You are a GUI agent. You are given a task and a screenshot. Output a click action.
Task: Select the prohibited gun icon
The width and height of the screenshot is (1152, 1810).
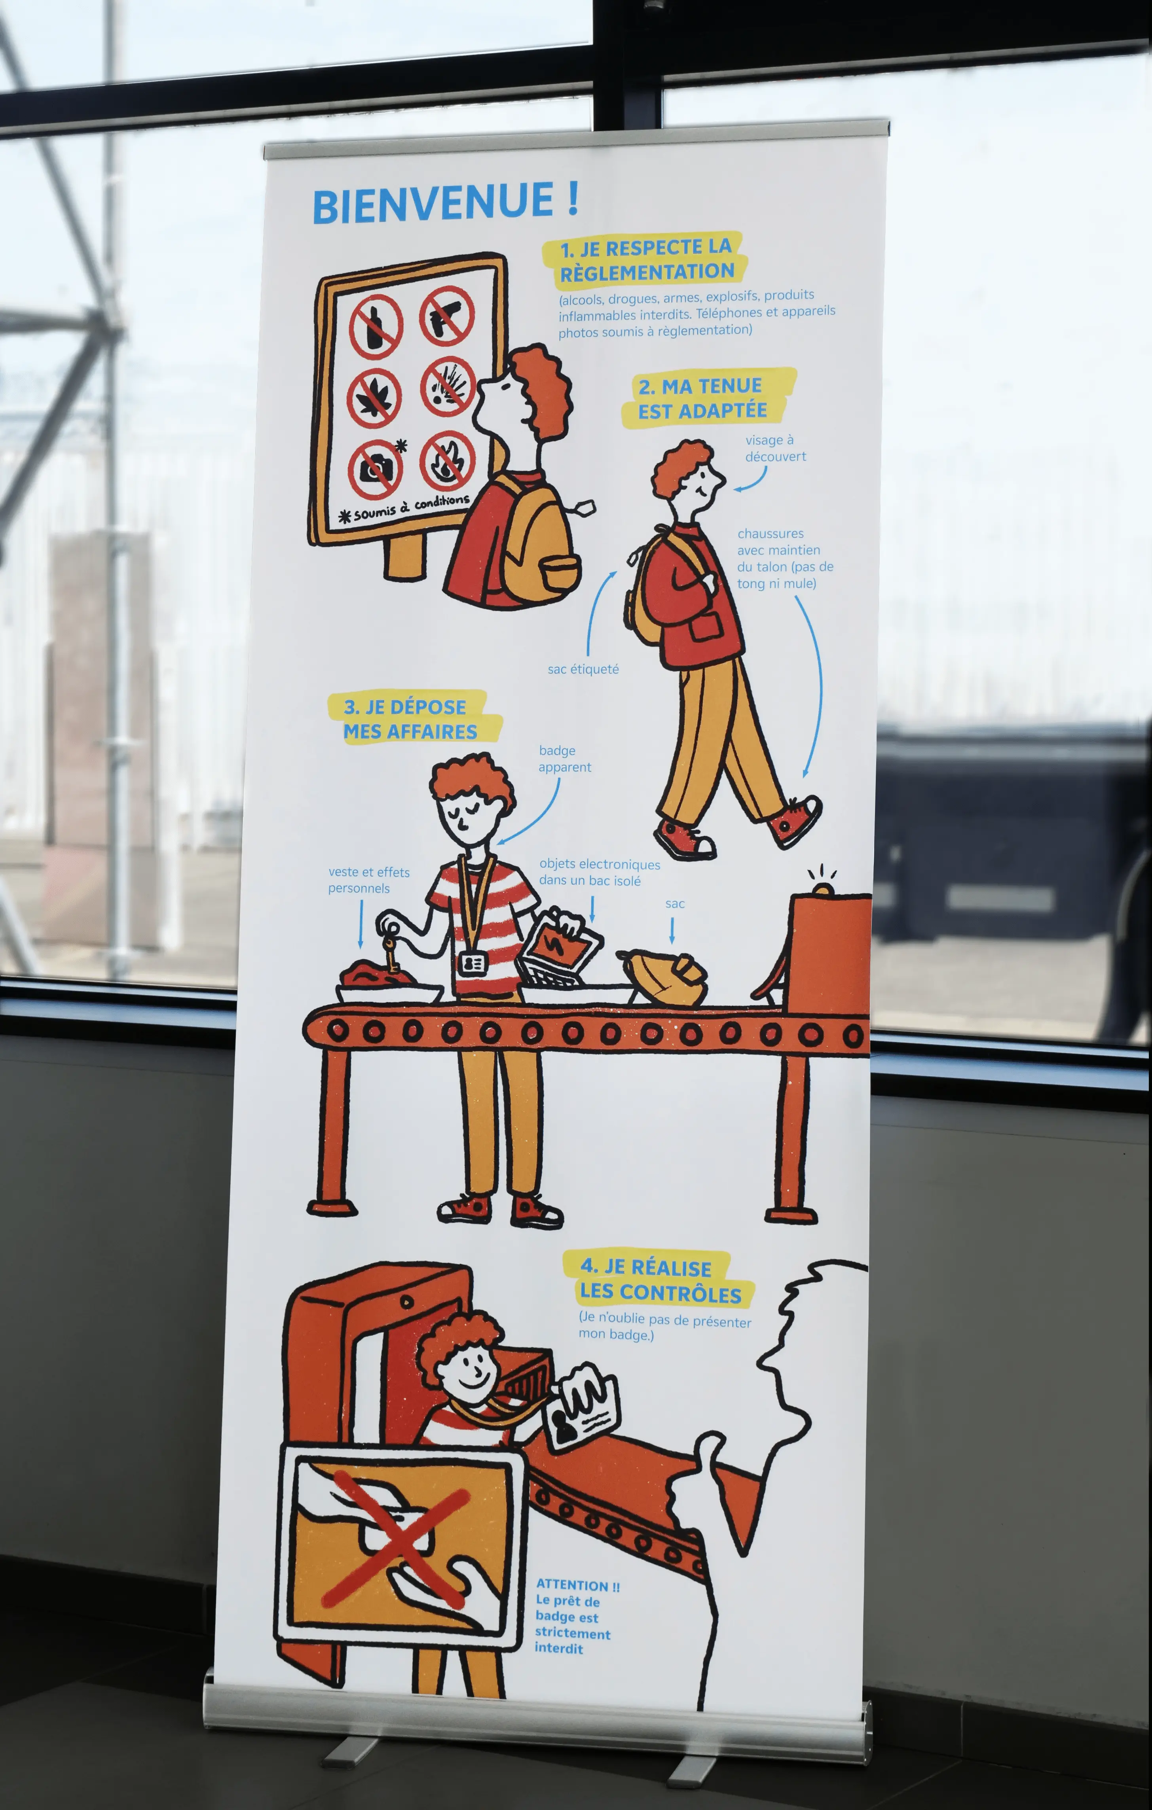(447, 316)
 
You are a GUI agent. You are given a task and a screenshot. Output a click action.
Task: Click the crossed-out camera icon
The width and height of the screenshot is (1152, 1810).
(375, 469)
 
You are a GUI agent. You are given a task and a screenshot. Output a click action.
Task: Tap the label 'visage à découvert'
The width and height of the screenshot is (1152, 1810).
(775, 448)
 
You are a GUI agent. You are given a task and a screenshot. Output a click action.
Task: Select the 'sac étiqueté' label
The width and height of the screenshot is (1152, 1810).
(583, 669)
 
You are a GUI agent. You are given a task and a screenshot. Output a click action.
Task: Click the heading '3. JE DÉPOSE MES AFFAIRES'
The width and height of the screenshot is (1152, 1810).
(413, 719)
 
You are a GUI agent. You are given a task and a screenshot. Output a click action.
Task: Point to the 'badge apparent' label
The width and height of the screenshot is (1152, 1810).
(564, 758)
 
